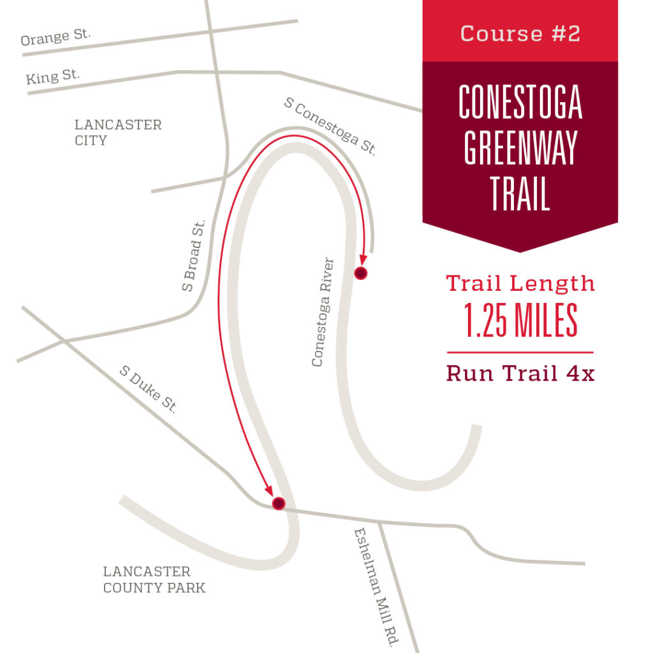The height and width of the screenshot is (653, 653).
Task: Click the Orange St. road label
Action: pyautogui.click(x=55, y=37)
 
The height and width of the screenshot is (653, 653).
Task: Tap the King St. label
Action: pyautogui.click(x=53, y=77)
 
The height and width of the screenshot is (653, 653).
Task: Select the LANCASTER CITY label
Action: pyautogui.click(x=118, y=132)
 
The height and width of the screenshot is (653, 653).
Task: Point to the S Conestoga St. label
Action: pyautogui.click(x=330, y=126)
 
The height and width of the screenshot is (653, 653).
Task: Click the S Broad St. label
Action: pyautogui.click(x=194, y=255)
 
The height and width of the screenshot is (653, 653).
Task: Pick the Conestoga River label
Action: pyautogui.click(x=323, y=312)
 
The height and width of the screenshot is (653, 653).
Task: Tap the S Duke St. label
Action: pyautogui.click(x=147, y=388)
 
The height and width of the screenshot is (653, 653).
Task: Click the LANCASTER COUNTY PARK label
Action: pyautogui.click(x=154, y=580)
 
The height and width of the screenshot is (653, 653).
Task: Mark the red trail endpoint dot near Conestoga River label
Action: pyautogui.click(x=361, y=274)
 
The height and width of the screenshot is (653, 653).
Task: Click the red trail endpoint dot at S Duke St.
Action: pyautogui.click(x=278, y=504)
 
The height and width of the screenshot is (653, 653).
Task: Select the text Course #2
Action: pyautogui.click(x=520, y=34)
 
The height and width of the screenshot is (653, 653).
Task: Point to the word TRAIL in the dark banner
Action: pyautogui.click(x=520, y=193)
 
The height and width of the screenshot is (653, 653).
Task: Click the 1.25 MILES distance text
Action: pyautogui.click(x=520, y=321)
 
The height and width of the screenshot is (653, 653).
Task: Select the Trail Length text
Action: pyautogui.click(x=520, y=283)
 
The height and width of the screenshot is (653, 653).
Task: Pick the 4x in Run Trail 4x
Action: pyautogui.click(x=580, y=373)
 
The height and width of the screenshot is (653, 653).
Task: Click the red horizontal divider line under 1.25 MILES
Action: pyautogui.click(x=520, y=352)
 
